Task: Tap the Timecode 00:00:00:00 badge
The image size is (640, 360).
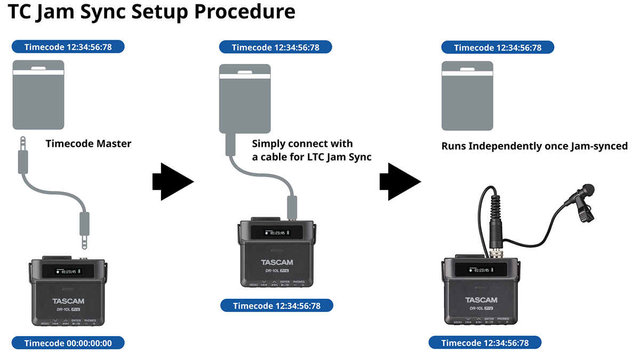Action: (x=68, y=343)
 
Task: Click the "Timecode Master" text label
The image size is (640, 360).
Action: (x=88, y=143)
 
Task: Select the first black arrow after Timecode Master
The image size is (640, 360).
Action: (x=172, y=182)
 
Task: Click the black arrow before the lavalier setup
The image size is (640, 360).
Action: (x=399, y=182)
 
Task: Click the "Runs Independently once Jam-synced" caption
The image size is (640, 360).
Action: (x=534, y=146)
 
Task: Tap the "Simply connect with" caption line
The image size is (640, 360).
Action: (x=302, y=144)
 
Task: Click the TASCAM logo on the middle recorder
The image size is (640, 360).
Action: (x=277, y=262)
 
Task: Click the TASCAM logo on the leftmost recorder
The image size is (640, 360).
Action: (x=69, y=301)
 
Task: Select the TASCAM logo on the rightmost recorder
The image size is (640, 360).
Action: (x=481, y=300)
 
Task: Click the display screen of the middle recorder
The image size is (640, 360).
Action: (x=276, y=233)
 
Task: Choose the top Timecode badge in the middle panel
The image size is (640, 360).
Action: (x=276, y=47)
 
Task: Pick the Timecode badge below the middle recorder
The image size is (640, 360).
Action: (x=277, y=306)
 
